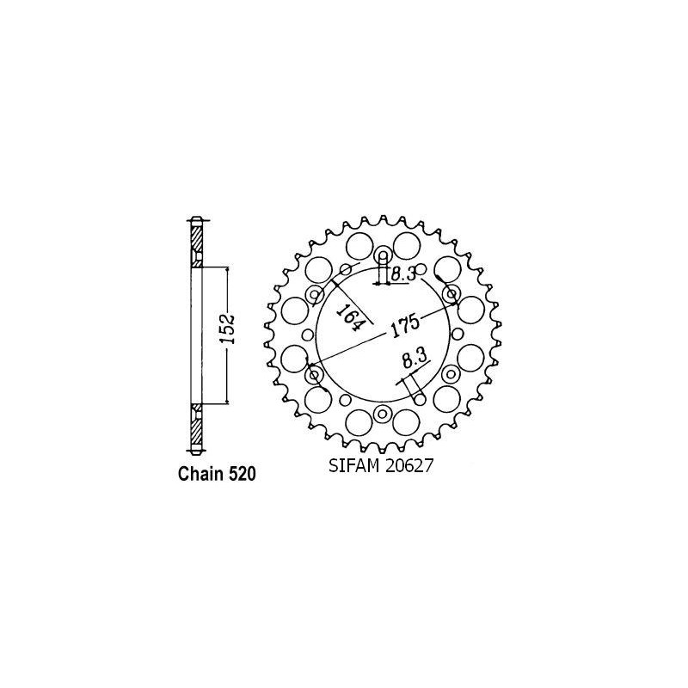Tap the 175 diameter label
404,329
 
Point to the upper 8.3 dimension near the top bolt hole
402,274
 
